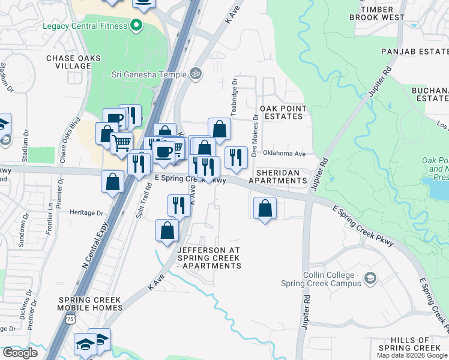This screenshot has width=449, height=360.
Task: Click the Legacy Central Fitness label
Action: tap(85, 26)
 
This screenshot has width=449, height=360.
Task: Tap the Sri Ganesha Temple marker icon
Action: tap(194, 74)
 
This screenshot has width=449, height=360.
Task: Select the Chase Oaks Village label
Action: tap(73, 62)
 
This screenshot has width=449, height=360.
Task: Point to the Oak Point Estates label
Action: tap(283, 112)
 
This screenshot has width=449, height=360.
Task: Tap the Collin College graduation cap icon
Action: tap(371, 278)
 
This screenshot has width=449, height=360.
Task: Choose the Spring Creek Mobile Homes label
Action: tap(89, 304)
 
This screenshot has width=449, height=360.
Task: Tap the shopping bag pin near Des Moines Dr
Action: tap(265, 209)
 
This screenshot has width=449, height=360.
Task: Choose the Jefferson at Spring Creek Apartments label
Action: tap(209, 257)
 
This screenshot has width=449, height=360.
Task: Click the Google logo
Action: tap(20, 353)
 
